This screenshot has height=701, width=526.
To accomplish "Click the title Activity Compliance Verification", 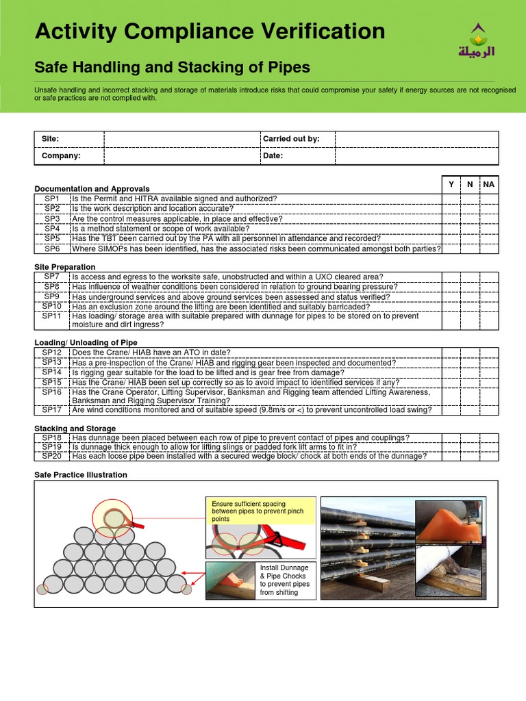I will (210, 31).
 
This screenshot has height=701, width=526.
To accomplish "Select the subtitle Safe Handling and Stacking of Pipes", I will (172, 67).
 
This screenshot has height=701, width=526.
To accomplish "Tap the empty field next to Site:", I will (181, 139).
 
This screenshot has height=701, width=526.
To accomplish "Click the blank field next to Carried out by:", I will (416, 139).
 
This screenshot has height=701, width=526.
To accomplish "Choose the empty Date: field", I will (416, 156).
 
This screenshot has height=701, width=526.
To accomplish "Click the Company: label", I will (61, 156).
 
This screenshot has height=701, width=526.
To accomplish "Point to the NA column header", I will (488, 185).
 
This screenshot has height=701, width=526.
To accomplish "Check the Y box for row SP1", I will (451, 199).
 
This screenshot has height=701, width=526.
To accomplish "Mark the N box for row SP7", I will (470, 277).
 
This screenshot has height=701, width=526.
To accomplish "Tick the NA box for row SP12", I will (488, 353).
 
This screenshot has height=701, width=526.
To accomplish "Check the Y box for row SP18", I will (451, 437).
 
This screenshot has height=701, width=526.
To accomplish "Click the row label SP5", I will (53, 239).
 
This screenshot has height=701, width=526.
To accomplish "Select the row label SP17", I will (52, 410).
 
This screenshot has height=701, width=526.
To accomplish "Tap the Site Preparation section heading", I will (65, 267).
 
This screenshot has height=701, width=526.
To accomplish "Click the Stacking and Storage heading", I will (75, 429).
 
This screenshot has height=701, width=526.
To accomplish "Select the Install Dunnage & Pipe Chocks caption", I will (285, 580).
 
